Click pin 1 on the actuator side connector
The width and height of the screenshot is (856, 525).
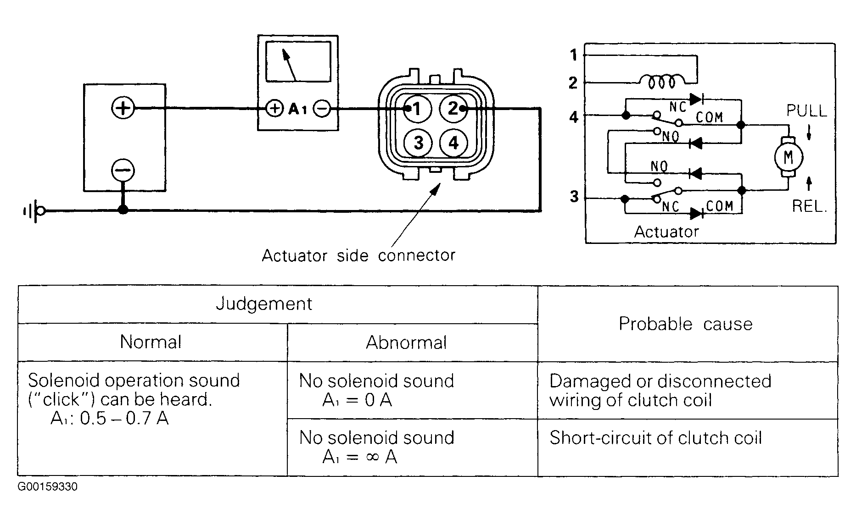pos(417,109)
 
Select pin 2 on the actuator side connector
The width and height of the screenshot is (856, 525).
pos(453,109)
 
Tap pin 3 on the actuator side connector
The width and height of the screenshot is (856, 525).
pos(418,143)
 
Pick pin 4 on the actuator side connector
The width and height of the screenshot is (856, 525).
pos(453,143)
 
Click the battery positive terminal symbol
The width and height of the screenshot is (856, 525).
pos(123,108)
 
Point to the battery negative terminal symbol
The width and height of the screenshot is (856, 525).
pos(123,171)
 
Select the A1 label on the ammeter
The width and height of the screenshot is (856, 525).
pos(297,109)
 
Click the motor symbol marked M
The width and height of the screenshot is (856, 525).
pos(788,157)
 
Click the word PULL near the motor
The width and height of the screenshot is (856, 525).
pos(806,111)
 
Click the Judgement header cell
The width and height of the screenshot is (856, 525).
pos(264,304)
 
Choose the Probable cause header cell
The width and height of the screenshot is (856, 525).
pos(687,324)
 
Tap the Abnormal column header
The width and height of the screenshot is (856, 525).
pos(407,343)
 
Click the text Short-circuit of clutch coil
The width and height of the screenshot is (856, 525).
pos(655,438)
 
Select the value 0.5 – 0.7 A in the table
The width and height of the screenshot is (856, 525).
pos(124,419)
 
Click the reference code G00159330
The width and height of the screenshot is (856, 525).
pos(48,486)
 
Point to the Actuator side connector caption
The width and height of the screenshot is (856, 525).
pos(358,255)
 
